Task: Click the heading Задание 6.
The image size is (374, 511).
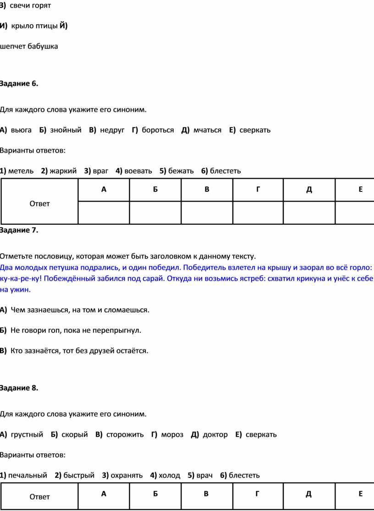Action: pos(19,83)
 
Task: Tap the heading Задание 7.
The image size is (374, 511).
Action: pos(19,230)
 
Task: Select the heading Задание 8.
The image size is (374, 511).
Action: pos(19,388)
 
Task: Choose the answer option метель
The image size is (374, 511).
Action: pos(21,171)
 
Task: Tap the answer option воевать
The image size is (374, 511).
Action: pos(137,171)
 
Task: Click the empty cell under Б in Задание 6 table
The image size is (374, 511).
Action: pos(155,212)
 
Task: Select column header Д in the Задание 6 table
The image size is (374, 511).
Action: pos(309,190)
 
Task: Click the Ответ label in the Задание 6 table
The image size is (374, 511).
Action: pos(39,203)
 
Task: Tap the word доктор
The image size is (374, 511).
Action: pos(215,435)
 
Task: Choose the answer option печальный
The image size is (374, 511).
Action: pos(27,475)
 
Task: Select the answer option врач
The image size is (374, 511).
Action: pos(204,475)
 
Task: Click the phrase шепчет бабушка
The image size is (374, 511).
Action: pos(29,46)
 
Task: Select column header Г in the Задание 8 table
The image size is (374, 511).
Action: pos(258,493)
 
